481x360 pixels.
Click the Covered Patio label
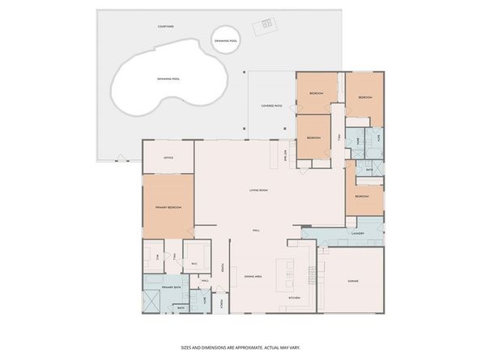point(271,105)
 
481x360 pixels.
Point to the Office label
point(168,158)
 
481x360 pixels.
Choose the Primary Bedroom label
point(168,208)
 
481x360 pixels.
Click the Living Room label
point(258,190)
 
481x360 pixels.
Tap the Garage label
point(353,281)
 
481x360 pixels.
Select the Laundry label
point(358,233)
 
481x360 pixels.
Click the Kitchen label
point(295,298)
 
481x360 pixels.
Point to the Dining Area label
point(253,277)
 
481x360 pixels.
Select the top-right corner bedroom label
point(365,98)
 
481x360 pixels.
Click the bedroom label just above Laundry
point(361,196)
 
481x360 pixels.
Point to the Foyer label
point(225,269)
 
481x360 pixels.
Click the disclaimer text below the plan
point(240,347)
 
